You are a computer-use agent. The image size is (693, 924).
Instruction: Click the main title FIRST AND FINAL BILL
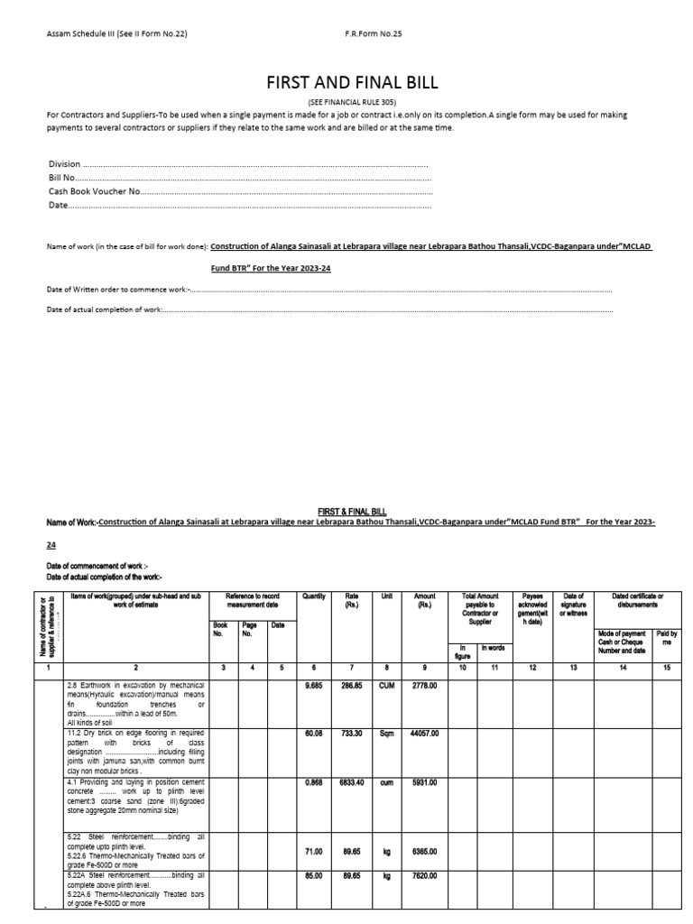(x=352, y=82)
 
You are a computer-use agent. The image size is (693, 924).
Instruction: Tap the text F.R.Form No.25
(x=374, y=34)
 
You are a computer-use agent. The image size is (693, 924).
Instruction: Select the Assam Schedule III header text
(x=117, y=34)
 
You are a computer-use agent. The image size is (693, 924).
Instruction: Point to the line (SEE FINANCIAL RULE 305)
(x=352, y=102)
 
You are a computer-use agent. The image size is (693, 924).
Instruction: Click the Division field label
(x=64, y=165)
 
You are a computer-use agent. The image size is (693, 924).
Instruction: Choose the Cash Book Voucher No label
(x=95, y=191)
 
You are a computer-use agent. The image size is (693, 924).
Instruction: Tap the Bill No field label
(x=61, y=179)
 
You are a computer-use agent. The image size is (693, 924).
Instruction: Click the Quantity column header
(x=314, y=596)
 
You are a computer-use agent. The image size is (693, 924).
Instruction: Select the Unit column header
(x=386, y=596)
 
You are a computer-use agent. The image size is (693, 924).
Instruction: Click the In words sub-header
(x=493, y=648)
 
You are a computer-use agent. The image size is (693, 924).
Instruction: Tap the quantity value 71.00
(x=314, y=850)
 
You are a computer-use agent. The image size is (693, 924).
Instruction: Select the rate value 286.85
(x=350, y=685)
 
